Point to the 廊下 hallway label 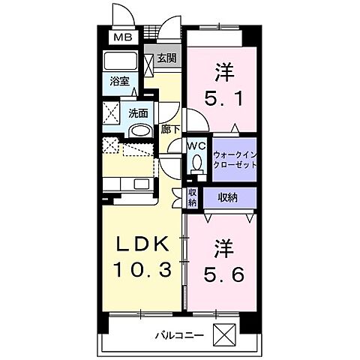click(169, 129)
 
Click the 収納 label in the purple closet click(229, 197)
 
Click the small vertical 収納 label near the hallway click(192, 198)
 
